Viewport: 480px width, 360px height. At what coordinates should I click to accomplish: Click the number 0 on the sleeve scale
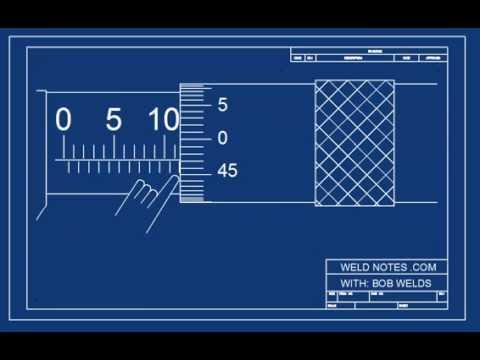pyautogui.click(x=63, y=120)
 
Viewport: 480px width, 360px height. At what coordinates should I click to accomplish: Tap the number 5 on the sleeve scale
pyautogui.click(x=113, y=120)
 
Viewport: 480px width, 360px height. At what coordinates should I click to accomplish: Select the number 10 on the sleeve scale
pyautogui.click(x=163, y=120)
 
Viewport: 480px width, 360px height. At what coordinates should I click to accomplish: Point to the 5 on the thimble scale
pyautogui.click(x=223, y=104)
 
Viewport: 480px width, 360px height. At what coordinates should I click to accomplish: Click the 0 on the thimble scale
pyautogui.click(x=223, y=137)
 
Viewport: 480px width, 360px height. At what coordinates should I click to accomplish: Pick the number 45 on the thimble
pyautogui.click(x=227, y=171)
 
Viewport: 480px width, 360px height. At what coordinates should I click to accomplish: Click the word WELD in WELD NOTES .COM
pyautogui.click(x=346, y=267)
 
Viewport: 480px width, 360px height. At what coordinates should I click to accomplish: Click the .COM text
pyautogui.click(x=424, y=267)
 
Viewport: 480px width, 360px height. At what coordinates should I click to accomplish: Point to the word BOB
pyautogui.click(x=383, y=283)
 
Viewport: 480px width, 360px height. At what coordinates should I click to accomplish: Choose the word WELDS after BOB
pyautogui.click(x=415, y=283)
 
